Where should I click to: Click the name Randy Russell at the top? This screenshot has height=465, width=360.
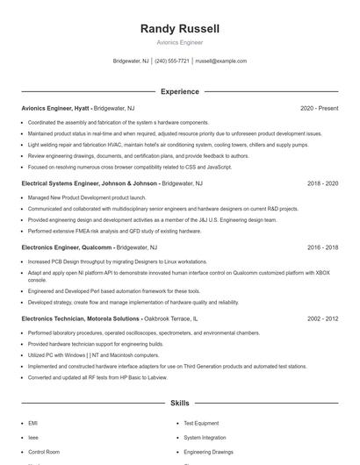pos(179,29)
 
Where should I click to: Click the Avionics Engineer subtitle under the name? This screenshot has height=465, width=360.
pos(179,42)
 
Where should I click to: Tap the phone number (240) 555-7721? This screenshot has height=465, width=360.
pos(172,61)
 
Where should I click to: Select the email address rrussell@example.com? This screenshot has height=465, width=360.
pos(220,61)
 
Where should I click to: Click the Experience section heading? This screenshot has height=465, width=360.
pos(179,91)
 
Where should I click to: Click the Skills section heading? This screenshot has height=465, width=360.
pos(179,404)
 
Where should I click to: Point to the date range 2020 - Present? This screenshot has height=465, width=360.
pos(319,108)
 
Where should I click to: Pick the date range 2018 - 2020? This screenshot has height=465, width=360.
pos(322,184)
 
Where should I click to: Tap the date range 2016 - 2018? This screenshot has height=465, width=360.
pos(322,248)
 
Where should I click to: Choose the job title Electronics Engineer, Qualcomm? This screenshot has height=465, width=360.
pos(67,248)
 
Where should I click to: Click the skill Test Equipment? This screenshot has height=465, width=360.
pos(201,423)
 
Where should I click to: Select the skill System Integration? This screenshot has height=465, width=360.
pos(205,437)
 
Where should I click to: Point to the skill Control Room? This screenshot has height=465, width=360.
pos(44,451)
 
